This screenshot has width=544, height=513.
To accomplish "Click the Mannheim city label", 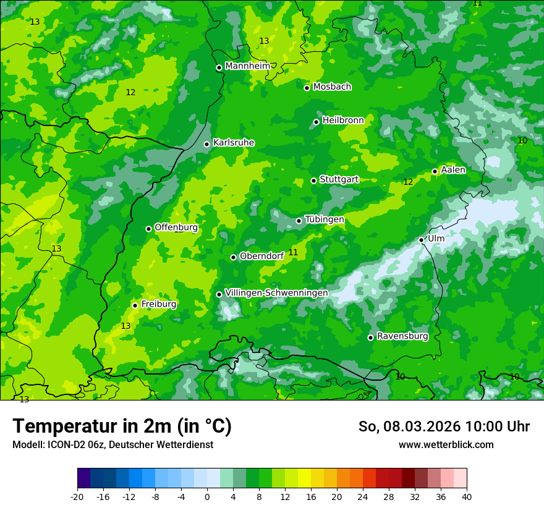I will click(x=247, y=66).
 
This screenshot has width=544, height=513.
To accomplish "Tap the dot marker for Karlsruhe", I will click(x=207, y=144).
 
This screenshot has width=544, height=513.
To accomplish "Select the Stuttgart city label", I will click(x=339, y=179).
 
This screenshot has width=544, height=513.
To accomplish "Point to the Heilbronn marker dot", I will click(x=316, y=122).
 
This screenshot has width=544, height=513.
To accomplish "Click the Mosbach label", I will click(x=332, y=87).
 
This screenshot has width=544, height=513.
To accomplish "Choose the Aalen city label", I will click(x=453, y=170).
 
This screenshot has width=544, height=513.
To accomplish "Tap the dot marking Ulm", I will click(x=421, y=240).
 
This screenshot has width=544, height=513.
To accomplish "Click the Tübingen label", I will click(x=325, y=219).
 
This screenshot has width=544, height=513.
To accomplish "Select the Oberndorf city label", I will click(x=261, y=256).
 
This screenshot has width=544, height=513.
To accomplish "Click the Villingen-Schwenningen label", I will click(x=276, y=293).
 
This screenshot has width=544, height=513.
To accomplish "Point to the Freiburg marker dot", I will click(x=135, y=305).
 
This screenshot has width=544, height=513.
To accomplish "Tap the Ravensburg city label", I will click(x=402, y=336).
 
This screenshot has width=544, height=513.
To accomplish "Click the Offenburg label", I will click(x=176, y=227).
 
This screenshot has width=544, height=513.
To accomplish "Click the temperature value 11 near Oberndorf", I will click(x=293, y=252).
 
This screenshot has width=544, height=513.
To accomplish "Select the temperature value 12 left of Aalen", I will click(x=408, y=182).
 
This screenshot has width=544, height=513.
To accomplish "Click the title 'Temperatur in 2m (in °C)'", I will click(x=122, y=426).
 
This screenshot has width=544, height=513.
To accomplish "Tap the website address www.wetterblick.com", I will click(x=446, y=445).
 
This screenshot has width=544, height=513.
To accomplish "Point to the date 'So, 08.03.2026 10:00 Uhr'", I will click(x=444, y=426).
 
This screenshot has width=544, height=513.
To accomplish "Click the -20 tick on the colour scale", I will click(x=77, y=497).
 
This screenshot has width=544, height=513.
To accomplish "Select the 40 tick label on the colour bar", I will click(x=467, y=497).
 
